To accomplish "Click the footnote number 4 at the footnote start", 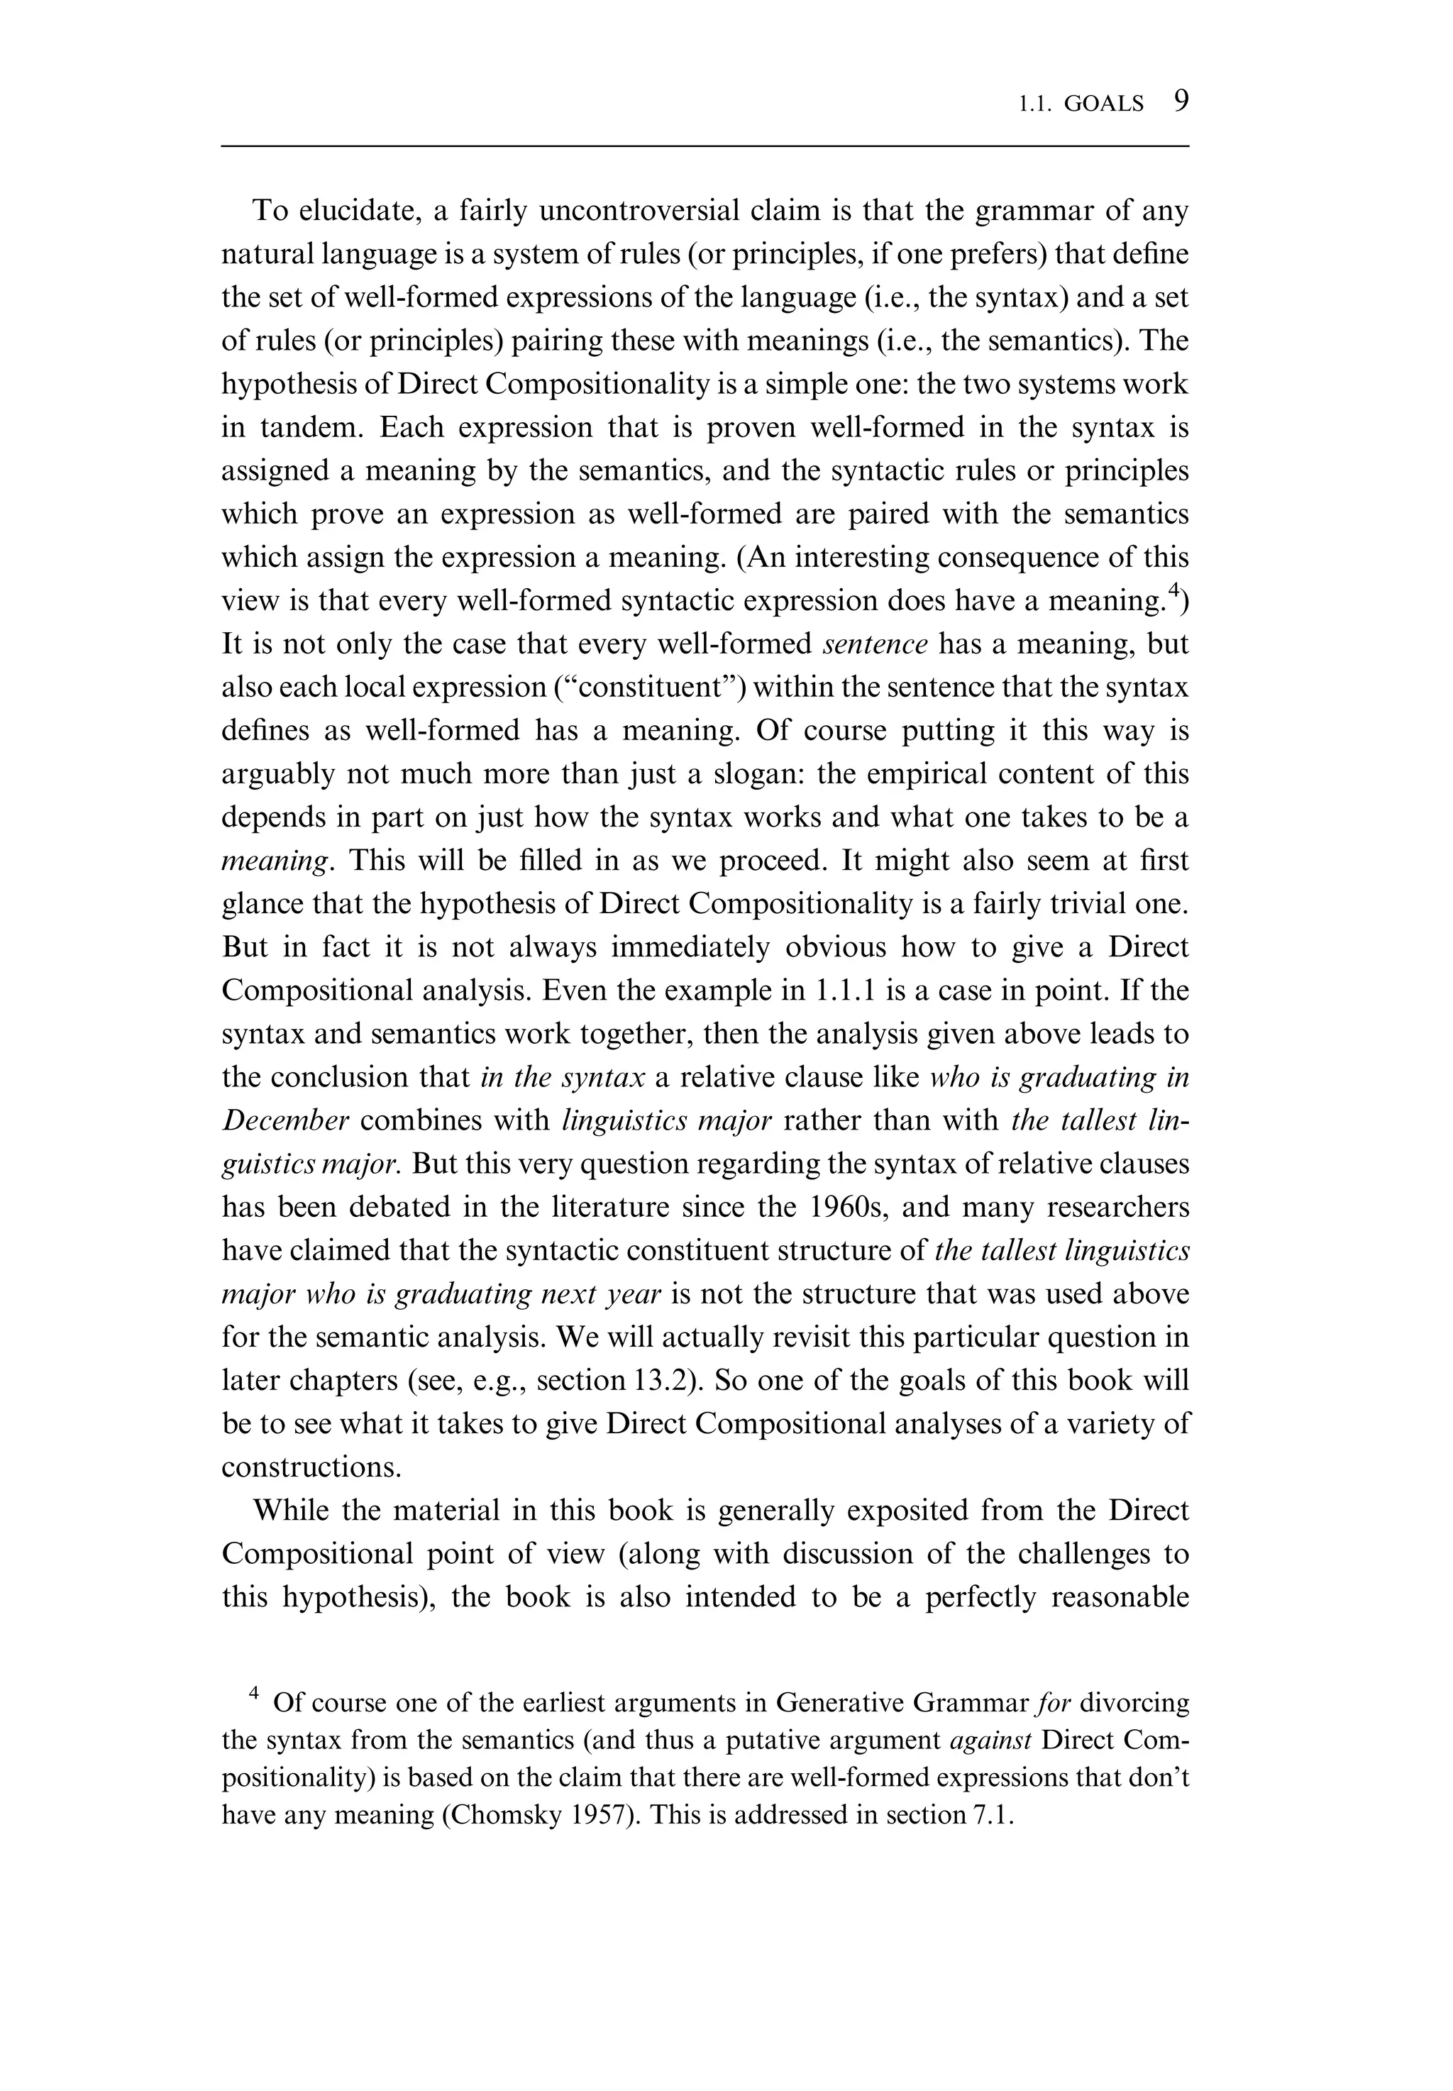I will point(254,1693).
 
